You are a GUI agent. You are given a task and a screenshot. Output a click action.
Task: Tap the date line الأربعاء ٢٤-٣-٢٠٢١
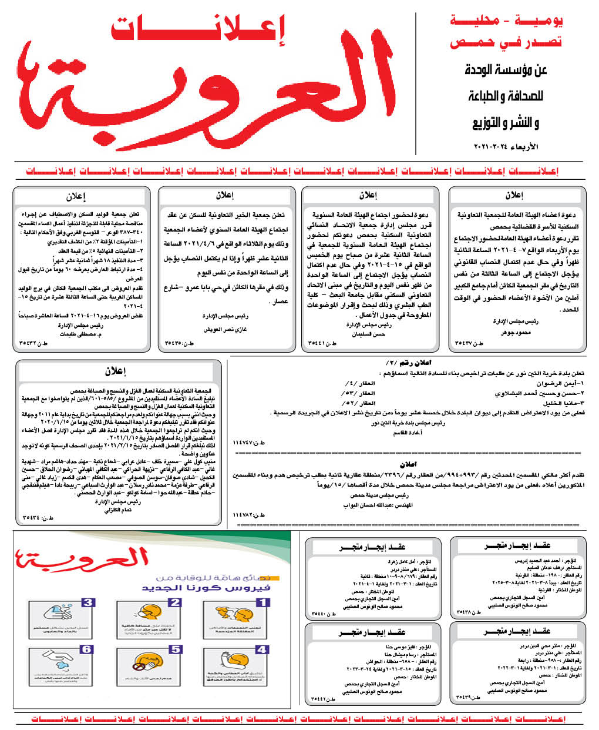click(x=506, y=146)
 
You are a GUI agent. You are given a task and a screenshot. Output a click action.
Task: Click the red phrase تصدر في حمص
click(x=506, y=42)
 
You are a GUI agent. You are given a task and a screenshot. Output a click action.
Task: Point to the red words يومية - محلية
click(x=506, y=21)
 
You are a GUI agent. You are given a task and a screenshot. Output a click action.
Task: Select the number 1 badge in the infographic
click(x=263, y=602)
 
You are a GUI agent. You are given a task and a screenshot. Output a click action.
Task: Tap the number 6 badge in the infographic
click(x=87, y=649)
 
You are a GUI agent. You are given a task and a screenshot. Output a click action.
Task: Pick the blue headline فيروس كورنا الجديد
click(x=206, y=587)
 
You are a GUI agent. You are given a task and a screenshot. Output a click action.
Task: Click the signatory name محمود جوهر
click(x=516, y=333)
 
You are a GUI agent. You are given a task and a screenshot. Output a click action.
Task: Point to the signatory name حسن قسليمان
click(x=369, y=334)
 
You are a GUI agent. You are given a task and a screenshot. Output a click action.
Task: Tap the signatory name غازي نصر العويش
click(x=225, y=330)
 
